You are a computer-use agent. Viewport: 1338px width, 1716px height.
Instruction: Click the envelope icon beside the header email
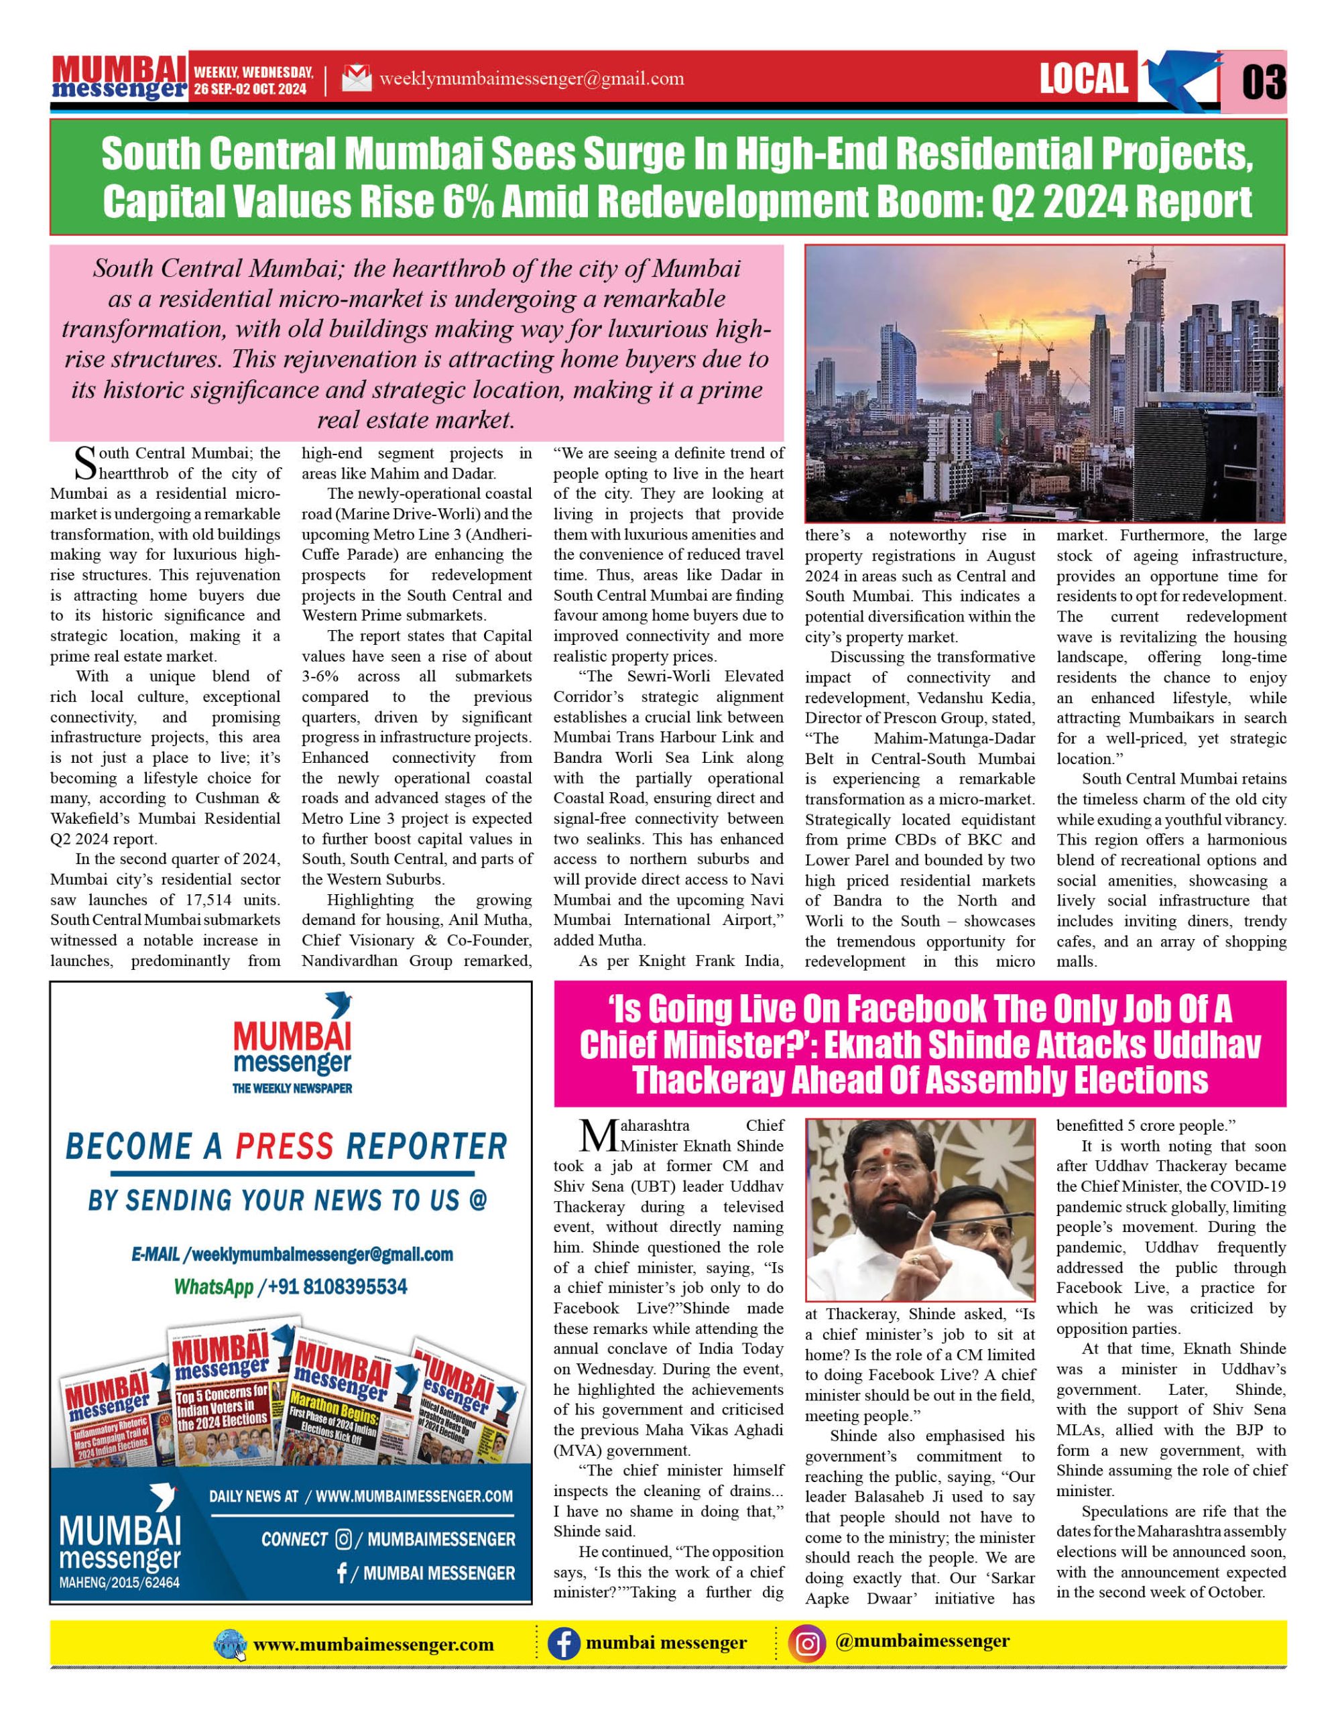point(357,79)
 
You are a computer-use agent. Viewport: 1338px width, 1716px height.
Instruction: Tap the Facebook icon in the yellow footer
point(562,1644)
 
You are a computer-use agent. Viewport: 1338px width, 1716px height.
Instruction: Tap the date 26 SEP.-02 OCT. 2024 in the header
point(251,90)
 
